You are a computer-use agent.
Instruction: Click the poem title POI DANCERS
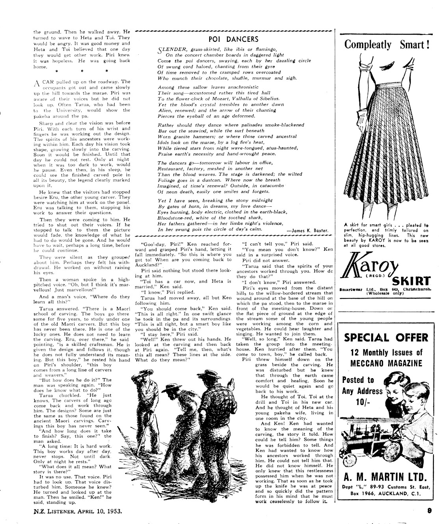(x=234, y=39)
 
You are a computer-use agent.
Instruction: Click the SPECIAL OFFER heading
(x=386, y=338)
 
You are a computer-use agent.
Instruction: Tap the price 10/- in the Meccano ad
(x=362, y=403)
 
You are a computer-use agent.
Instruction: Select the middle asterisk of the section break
(x=82, y=71)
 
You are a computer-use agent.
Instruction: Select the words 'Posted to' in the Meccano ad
(x=358, y=380)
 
